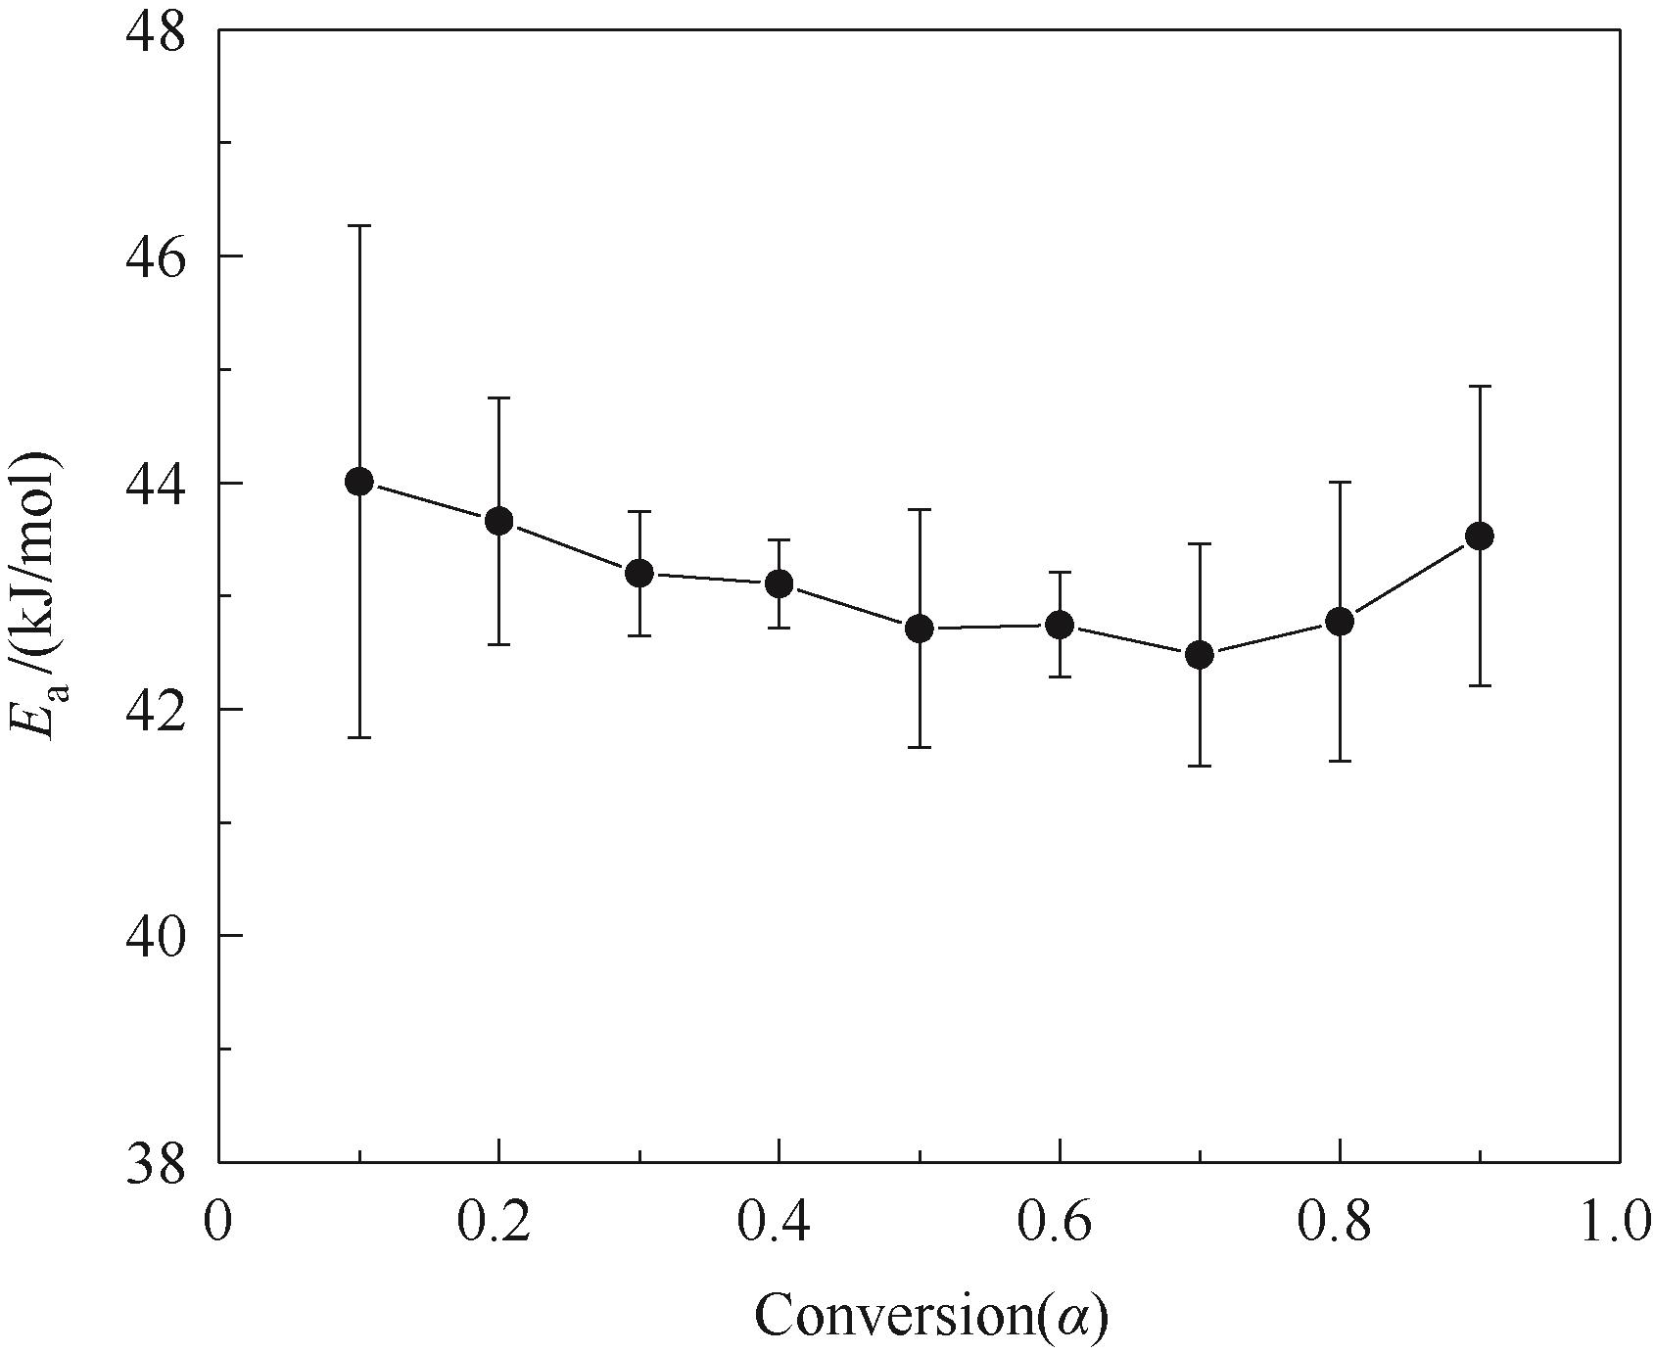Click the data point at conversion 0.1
pyautogui.click(x=359, y=482)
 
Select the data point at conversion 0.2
pyautogui.click(x=499, y=521)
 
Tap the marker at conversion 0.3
pyautogui.click(x=639, y=574)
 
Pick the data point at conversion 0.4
pyautogui.click(x=779, y=584)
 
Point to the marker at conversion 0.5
pyautogui.click(x=919, y=629)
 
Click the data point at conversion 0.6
pyautogui.click(x=1060, y=625)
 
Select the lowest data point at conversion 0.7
pyautogui.click(x=1200, y=655)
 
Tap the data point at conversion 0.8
pyautogui.click(x=1340, y=622)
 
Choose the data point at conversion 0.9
pyautogui.click(x=1479, y=536)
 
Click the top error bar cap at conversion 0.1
pyautogui.click(x=359, y=226)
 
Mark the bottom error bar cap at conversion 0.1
pyautogui.click(x=359, y=737)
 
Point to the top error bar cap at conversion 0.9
pyautogui.click(x=1479, y=387)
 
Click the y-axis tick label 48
pyautogui.click(x=158, y=31)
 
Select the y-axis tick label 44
pyautogui.click(x=158, y=483)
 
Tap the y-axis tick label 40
pyautogui.click(x=158, y=935)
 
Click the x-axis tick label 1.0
pyautogui.click(x=1615, y=1225)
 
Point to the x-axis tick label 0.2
pyautogui.click(x=497, y=1225)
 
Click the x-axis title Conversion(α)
pyautogui.click(x=930, y=1315)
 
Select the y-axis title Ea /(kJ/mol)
pyautogui.click(x=37, y=597)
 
